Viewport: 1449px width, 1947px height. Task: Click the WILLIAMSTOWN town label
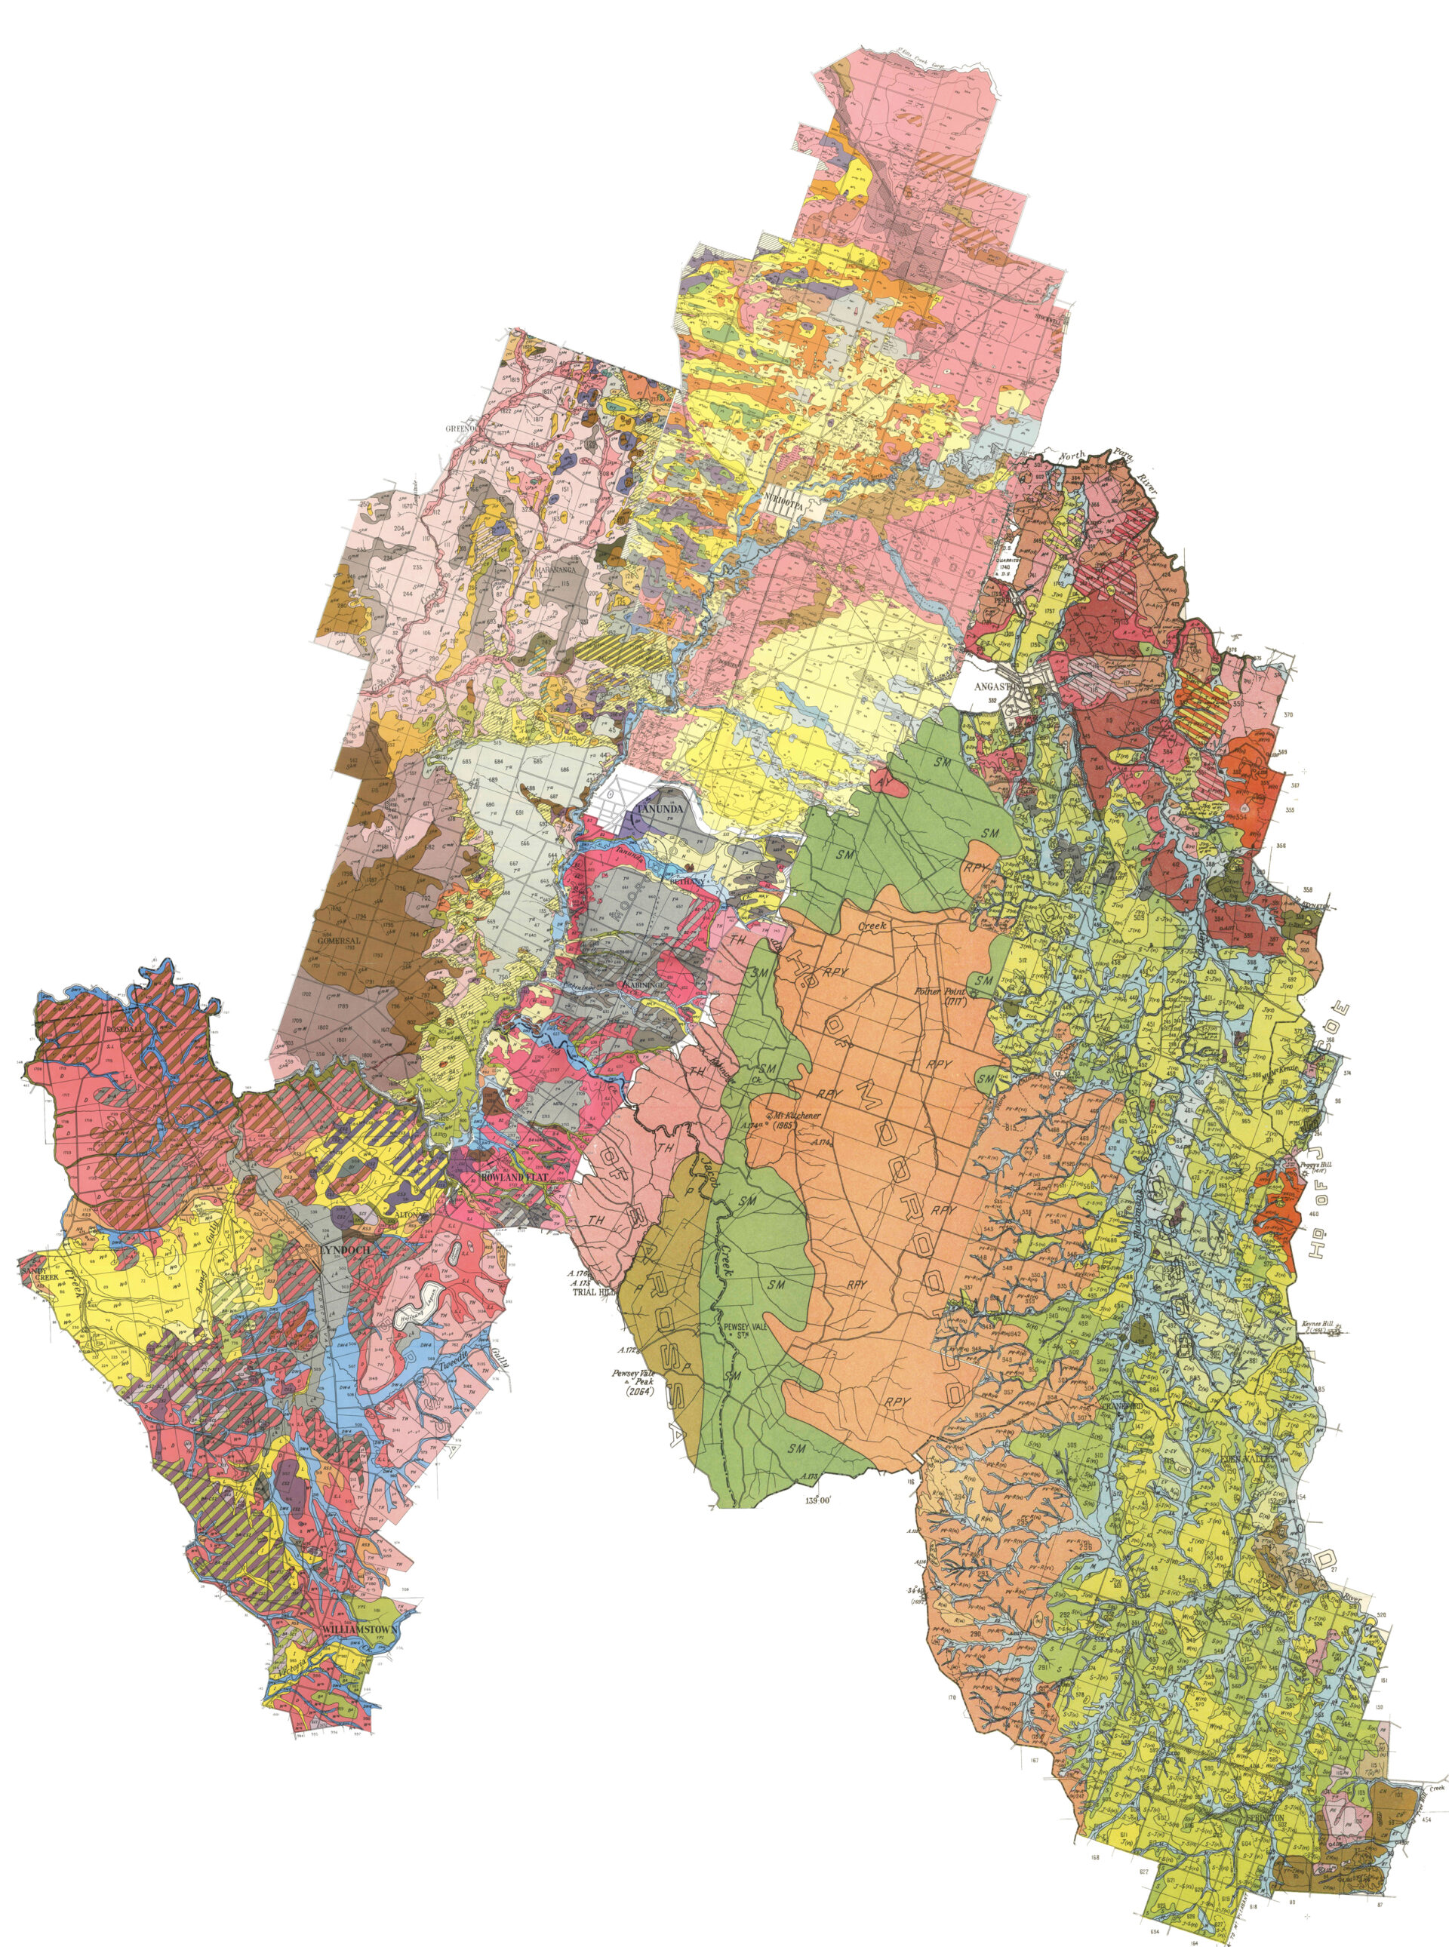[x=361, y=1628]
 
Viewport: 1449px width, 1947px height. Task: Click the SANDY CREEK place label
[x=38, y=1270]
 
